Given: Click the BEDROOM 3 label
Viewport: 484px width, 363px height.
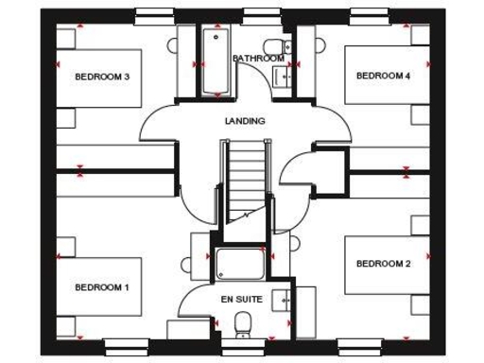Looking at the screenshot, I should tap(102, 78).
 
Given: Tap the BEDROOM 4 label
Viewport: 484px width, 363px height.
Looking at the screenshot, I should tap(383, 76).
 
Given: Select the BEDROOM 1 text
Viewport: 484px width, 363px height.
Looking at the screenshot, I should tap(102, 286).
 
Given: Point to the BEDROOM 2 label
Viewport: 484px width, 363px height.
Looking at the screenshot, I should tap(383, 264).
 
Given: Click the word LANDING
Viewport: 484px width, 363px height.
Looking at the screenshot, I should tap(244, 121).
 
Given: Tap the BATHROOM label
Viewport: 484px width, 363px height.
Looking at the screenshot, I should tap(258, 59).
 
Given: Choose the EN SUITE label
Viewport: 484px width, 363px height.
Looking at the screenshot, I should tap(241, 299).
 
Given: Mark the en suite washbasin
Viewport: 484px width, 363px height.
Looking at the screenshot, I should tap(281, 301).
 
